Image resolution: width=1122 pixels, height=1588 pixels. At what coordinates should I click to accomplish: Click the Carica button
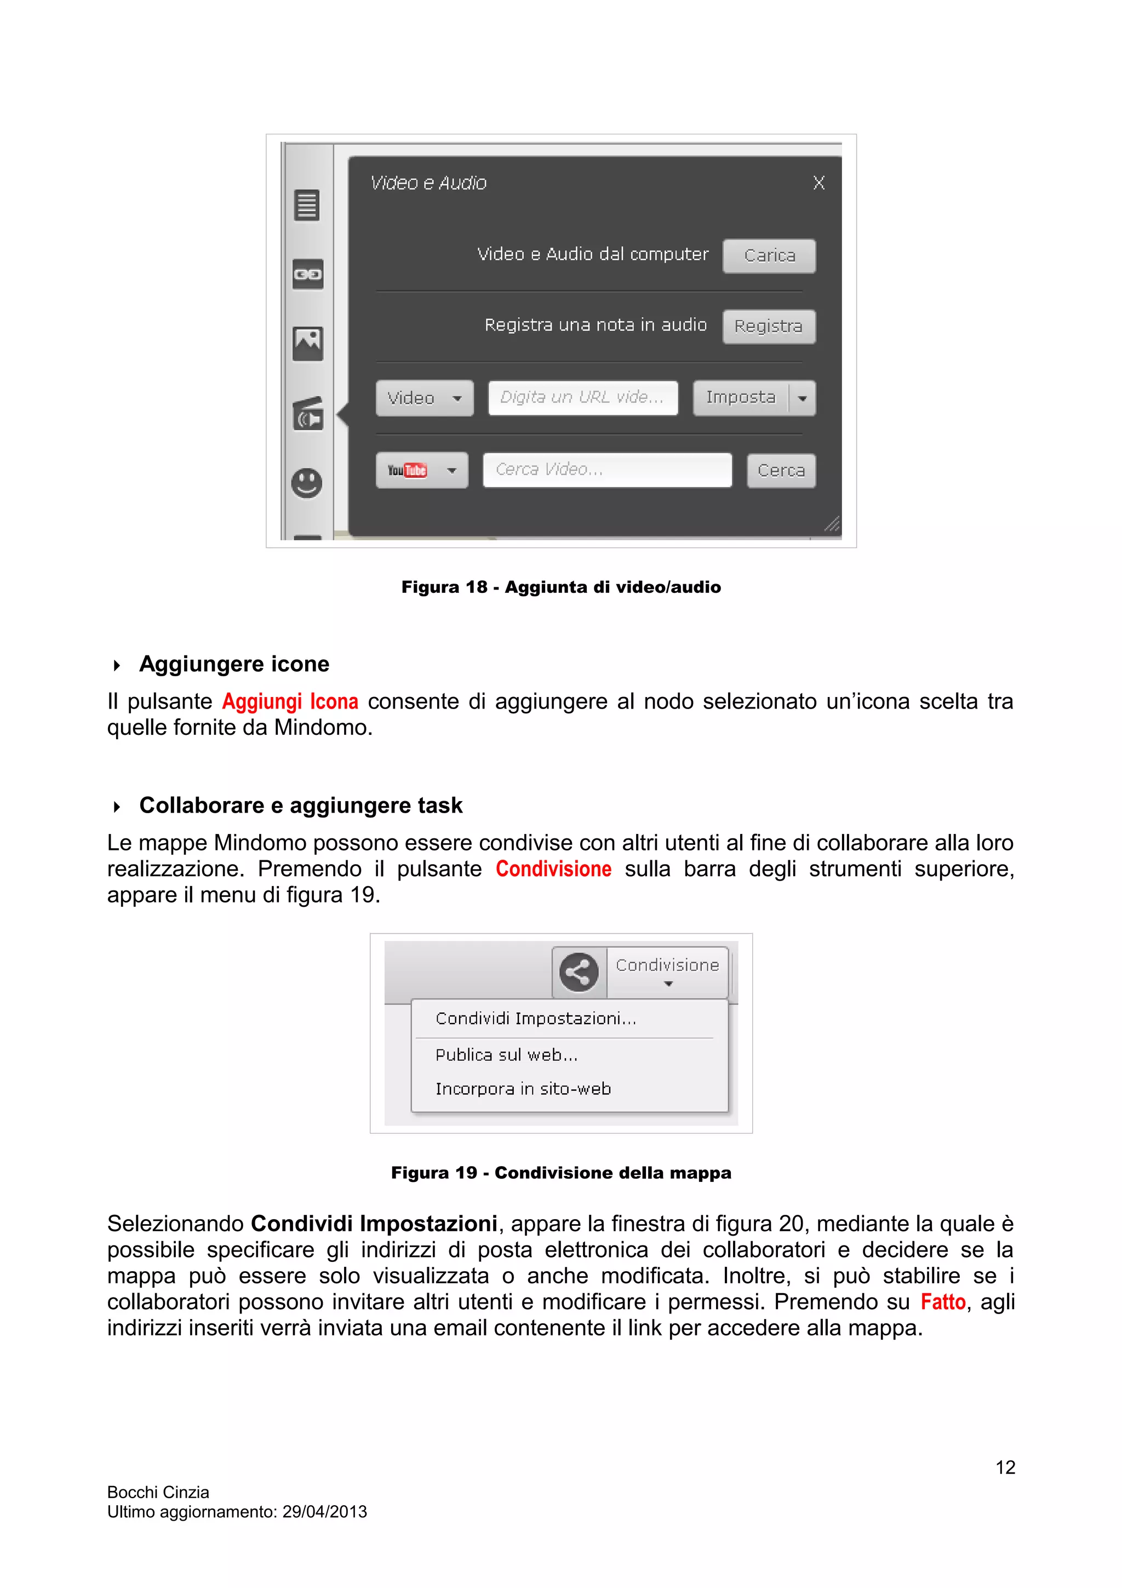tap(769, 256)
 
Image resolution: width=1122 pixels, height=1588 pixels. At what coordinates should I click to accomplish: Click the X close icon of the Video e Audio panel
tap(818, 182)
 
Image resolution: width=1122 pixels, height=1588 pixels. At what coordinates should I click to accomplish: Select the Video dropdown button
tap(424, 398)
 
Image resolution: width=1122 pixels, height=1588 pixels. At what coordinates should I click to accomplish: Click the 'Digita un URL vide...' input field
tap(582, 398)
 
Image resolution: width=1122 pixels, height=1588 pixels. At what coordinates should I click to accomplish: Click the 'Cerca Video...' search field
tap(606, 470)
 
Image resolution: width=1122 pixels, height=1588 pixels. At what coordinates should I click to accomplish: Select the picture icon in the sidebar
tap(308, 343)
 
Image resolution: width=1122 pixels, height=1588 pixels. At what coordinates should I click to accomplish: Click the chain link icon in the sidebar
tap(308, 275)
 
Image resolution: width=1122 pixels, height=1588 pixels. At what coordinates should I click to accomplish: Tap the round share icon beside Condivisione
tap(578, 973)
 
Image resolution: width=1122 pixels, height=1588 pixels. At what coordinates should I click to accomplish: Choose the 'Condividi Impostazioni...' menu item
tap(536, 1018)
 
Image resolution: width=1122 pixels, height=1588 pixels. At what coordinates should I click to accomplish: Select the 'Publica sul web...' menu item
tap(506, 1055)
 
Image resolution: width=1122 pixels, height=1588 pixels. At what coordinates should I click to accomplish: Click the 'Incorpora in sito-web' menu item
tap(523, 1089)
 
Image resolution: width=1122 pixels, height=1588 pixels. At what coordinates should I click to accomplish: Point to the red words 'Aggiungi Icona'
tap(290, 701)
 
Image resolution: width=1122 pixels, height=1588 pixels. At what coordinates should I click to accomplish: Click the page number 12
tap(1004, 1467)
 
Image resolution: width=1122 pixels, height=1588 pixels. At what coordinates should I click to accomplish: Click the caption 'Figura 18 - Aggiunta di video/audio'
tap(560, 587)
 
